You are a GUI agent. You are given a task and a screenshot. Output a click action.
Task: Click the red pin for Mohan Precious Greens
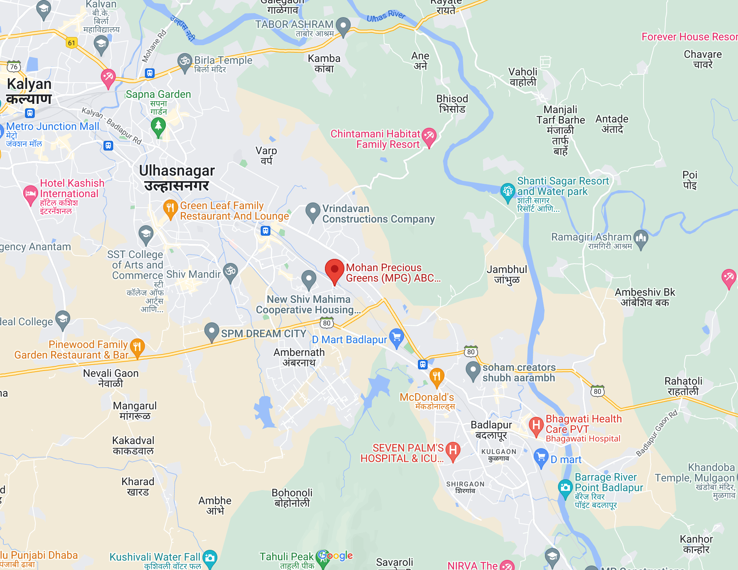point(334,270)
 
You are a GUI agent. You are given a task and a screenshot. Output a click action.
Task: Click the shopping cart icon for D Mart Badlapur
point(396,337)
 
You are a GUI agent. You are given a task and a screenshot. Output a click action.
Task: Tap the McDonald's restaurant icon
point(436,376)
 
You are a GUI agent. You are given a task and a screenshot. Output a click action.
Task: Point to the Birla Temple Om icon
point(185,61)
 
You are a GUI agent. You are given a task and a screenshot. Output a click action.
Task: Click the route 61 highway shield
point(71,43)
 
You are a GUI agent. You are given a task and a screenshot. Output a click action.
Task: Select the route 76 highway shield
point(14,67)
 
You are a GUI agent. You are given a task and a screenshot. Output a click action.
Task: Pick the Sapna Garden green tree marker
point(158,126)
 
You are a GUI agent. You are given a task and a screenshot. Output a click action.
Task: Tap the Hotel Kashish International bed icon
point(30,193)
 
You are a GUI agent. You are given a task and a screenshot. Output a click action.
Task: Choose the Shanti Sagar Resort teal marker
point(508,191)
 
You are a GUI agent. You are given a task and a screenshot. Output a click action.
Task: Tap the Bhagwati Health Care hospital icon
point(536,425)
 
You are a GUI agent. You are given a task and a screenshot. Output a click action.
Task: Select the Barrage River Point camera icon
point(565,487)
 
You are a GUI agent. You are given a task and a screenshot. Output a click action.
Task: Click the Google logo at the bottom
point(336,555)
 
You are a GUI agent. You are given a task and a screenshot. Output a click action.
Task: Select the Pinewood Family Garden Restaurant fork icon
point(137,347)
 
